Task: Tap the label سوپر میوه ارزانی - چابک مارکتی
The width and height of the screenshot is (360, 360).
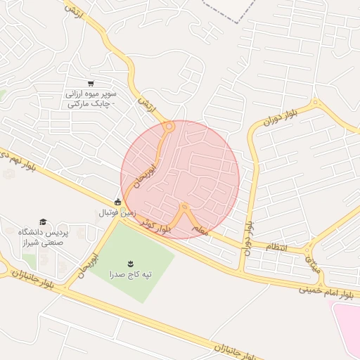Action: click(x=91, y=98)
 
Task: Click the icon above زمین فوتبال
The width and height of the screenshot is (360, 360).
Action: click(x=117, y=202)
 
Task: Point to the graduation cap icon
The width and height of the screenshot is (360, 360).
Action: click(x=42, y=222)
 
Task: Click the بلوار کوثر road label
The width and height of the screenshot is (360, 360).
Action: click(x=155, y=224)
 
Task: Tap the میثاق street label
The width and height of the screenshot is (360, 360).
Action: click(x=313, y=263)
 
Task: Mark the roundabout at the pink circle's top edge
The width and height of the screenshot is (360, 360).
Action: click(x=169, y=127)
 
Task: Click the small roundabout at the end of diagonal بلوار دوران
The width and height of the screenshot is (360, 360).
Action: click(x=315, y=105)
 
